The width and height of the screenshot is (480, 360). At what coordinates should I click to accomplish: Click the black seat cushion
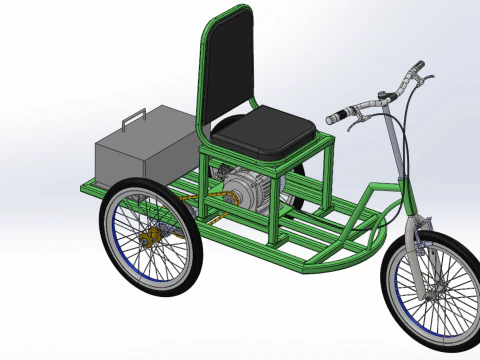[265, 131]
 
